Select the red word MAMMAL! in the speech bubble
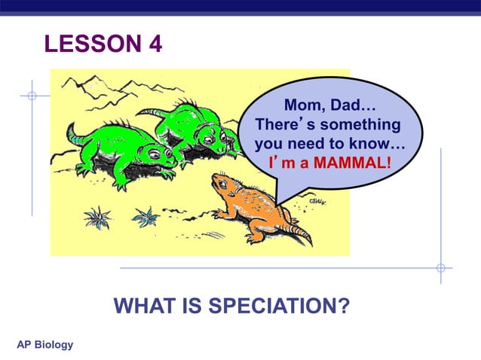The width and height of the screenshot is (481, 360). click(352, 161)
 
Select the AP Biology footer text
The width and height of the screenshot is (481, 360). click(45, 345)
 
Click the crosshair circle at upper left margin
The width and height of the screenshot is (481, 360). click(32, 96)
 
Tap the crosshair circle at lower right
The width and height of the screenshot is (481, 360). click(441, 267)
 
